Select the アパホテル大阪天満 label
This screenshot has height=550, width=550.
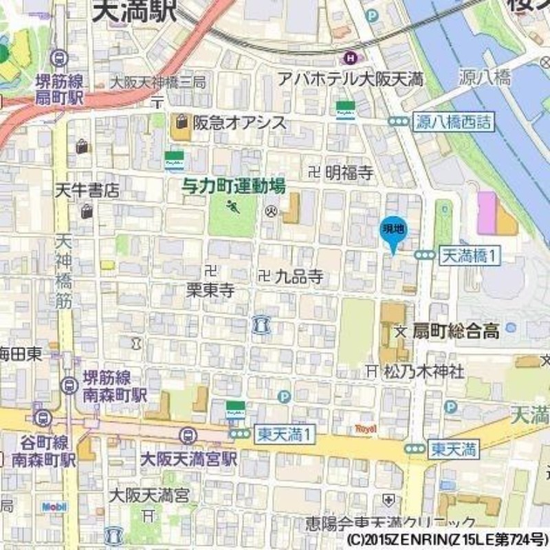point(351,79)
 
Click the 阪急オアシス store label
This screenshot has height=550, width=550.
point(230,122)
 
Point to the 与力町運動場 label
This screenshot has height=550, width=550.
point(233,185)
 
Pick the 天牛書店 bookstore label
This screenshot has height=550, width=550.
point(87,190)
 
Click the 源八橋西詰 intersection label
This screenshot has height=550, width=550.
point(454,122)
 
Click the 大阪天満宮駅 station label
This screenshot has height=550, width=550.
point(188,458)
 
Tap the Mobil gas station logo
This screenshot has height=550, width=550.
point(55,507)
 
